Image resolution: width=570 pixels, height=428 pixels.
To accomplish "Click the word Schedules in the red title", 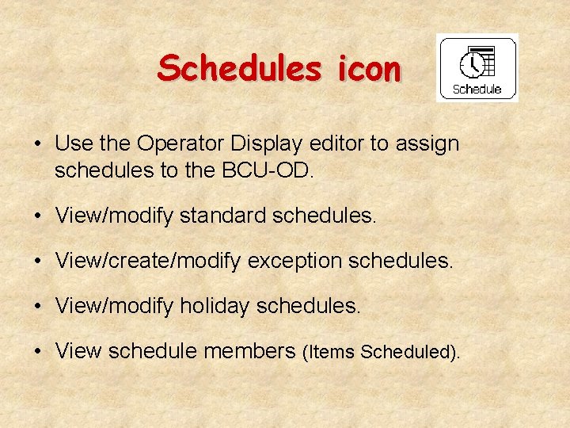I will (237, 69).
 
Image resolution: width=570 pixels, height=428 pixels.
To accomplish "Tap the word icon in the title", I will (368, 69).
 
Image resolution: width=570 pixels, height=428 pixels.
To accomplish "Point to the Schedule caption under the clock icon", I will (477, 89).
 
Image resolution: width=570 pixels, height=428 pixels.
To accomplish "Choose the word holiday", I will (210, 306).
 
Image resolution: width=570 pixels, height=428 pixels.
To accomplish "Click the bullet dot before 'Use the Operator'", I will (38, 144).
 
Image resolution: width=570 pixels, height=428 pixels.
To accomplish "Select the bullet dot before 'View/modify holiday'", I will (38, 307).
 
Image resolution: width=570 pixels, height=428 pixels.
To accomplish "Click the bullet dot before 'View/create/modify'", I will (38, 262).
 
